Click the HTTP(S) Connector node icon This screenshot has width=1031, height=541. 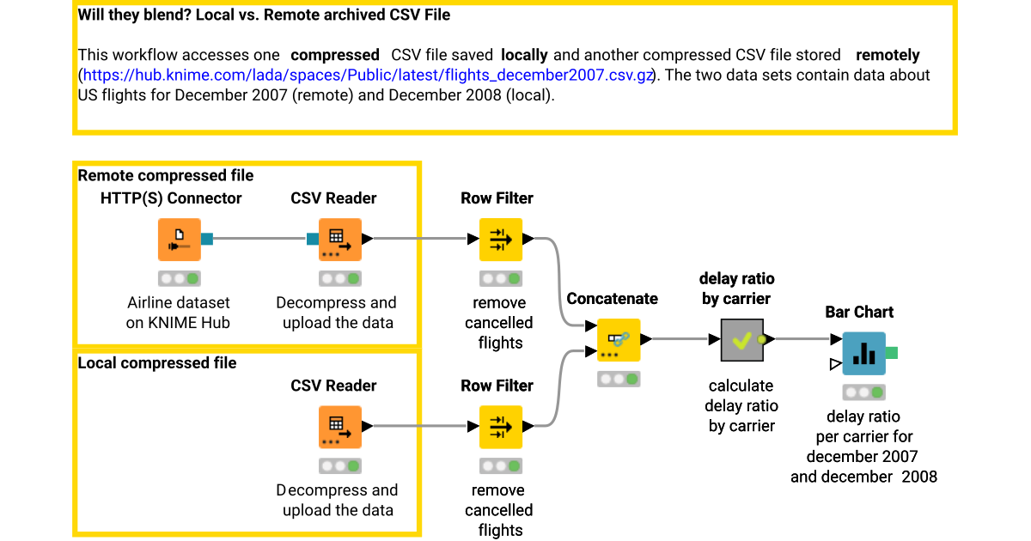click(x=179, y=240)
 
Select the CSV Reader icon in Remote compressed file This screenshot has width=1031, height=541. click(x=339, y=240)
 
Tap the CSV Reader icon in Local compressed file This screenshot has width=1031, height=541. click(x=339, y=427)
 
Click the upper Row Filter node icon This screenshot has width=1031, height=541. click(x=500, y=240)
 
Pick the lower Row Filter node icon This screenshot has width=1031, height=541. click(x=500, y=427)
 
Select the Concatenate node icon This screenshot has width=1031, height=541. click(x=619, y=339)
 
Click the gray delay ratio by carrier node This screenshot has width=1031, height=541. click(x=741, y=339)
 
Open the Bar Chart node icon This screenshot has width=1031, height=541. click(x=863, y=353)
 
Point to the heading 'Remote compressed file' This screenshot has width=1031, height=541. click(x=166, y=175)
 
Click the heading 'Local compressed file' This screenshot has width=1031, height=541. click(x=157, y=362)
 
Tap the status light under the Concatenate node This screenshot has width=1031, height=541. click(x=619, y=379)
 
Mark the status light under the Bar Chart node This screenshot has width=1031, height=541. click(x=863, y=392)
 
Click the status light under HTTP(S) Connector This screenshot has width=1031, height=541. click(x=179, y=278)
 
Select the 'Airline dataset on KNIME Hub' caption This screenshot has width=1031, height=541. click(x=179, y=313)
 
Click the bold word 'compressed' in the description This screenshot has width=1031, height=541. click(x=335, y=55)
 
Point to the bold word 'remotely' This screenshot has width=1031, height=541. click(x=888, y=55)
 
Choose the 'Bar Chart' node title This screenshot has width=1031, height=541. click(x=859, y=312)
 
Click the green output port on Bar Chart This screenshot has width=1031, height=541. click(x=892, y=352)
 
